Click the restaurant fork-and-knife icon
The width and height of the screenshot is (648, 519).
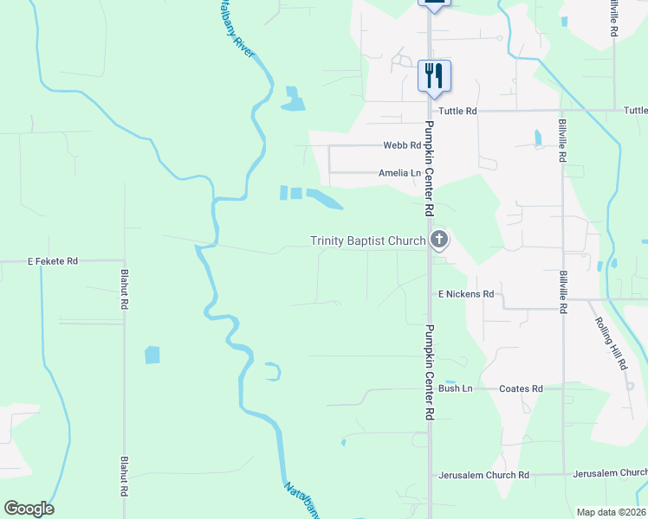(434, 75)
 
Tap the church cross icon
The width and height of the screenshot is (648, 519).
(439, 240)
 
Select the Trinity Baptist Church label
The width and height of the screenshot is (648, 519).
(368, 240)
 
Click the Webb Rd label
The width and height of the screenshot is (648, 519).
(404, 145)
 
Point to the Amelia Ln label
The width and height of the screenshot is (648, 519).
(399, 173)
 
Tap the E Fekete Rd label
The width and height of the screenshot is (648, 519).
(53, 260)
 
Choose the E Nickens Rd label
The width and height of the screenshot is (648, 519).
(465, 294)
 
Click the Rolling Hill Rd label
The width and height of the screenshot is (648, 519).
(611, 343)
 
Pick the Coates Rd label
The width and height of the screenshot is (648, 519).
(521, 388)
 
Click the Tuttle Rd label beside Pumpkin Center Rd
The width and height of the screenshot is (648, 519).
(457, 111)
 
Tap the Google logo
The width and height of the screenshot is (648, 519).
(29, 508)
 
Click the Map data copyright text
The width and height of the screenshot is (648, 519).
(612, 512)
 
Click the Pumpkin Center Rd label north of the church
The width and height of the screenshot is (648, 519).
(428, 173)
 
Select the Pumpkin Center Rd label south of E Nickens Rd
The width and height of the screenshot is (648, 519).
(428, 372)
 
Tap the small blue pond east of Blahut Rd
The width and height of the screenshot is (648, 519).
(152, 355)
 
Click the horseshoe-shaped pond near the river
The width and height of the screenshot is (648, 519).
(273, 372)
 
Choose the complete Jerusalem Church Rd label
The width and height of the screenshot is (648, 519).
(483, 475)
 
